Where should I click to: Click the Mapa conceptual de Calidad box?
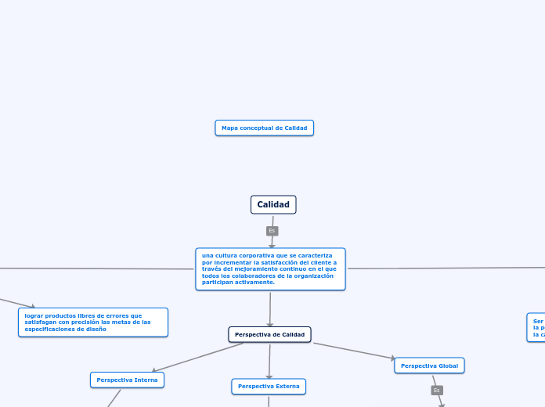(x=264, y=128)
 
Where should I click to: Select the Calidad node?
(x=273, y=204)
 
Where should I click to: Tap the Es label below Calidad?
(x=272, y=231)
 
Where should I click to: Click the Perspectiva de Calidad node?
(x=269, y=334)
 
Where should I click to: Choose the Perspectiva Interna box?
(x=127, y=380)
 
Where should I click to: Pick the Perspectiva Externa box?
(x=269, y=386)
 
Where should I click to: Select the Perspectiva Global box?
(x=429, y=366)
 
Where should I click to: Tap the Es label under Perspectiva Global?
(x=437, y=390)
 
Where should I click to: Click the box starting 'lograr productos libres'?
(x=93, y=322)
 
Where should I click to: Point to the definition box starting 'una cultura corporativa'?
(x=270, y=268)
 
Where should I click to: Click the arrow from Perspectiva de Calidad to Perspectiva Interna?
(x=200, y=357)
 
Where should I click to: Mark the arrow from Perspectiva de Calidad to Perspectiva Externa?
(x=269, y=361)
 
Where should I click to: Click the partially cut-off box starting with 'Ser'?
(x=537, y=327)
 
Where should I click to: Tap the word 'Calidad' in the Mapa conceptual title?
(x=295, y=128)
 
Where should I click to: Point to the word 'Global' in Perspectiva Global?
(x=448, y=366)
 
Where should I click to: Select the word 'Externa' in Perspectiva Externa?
(x=286, y=386)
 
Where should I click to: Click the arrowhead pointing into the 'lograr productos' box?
(x=31, y=307)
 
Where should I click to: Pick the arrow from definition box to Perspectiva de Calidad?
(x=270, y=308)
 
